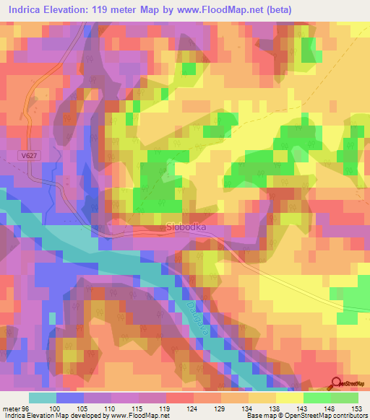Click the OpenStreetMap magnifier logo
pyautogui.click(x=337, y=383)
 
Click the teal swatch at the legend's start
pyautogui.click(x=42, y=398)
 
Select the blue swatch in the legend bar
pyautogui.click(x=69, y=398)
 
